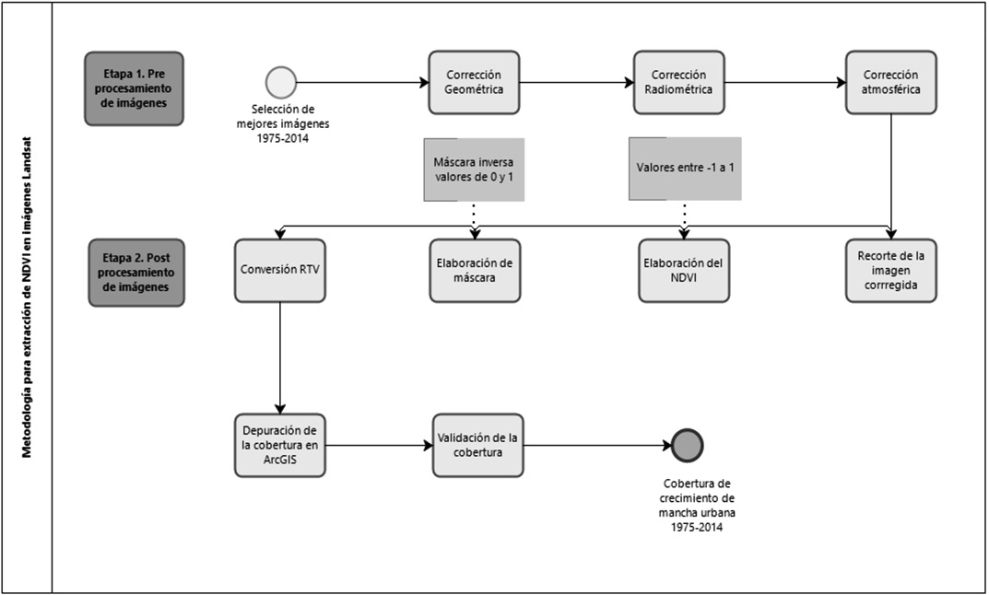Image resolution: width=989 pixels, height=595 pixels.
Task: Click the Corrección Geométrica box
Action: pos(474,82)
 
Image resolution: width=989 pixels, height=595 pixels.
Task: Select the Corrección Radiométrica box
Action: pos(678,82)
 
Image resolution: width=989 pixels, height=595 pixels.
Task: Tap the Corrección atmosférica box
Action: pos(890,82)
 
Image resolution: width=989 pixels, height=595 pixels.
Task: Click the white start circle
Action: pos(280,82)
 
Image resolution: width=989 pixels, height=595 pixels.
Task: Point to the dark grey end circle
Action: pos(687,445)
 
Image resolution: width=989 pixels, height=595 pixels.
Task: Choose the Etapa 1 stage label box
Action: pos(134,87)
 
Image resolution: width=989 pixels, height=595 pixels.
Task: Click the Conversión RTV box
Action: pos(280,271)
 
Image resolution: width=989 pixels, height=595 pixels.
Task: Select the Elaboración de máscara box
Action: pos(474,271)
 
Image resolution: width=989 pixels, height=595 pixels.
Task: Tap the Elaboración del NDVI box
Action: pos(683,271)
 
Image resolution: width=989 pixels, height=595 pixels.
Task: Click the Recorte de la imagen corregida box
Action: pos(890,271)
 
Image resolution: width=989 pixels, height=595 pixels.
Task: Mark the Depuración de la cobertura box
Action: pos(280,445)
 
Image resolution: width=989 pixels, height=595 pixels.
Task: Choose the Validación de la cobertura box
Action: pos(477,445)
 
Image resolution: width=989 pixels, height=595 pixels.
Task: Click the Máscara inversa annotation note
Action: pos(474,169)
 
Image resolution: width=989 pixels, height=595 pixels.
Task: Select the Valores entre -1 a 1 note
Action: pos(684,169)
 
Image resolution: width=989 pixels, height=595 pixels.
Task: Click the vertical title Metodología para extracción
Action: pos(28,297)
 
